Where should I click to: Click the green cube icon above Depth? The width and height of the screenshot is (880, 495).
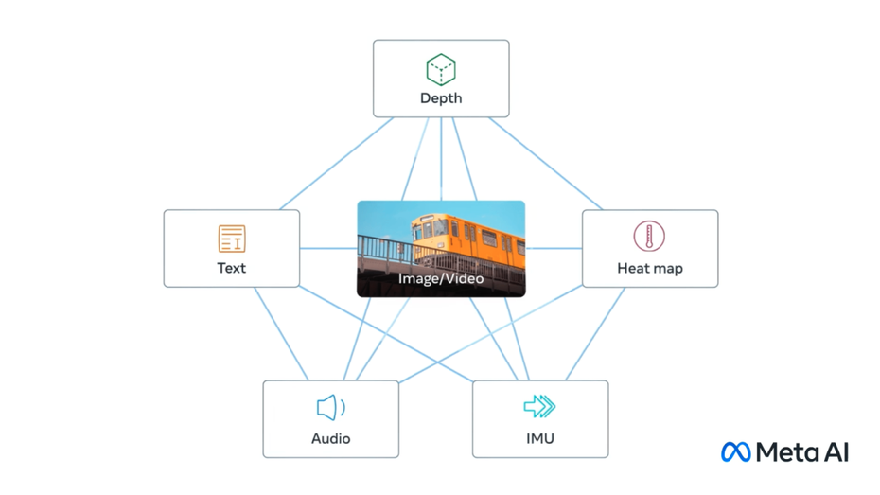pos(441,69)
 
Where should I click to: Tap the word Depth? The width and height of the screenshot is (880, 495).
pos(441,98)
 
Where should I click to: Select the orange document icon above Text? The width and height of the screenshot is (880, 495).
pos(232,239)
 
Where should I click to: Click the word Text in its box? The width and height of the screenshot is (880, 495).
pos(232,268)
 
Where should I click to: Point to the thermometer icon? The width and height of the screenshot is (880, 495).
pos(649,237)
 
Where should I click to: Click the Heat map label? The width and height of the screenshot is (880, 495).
pos(649,268)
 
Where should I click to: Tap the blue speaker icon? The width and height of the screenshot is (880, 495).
pos(330,408)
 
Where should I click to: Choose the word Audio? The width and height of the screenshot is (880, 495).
pos(330,438)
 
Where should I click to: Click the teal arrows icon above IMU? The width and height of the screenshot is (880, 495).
pos(539,407)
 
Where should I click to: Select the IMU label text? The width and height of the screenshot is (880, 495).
pos(539,438)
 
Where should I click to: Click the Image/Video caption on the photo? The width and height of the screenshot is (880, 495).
pos(441,278)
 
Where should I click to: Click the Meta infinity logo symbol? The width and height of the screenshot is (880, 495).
pos(735,451)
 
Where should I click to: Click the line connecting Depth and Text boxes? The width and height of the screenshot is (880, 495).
pos(336,164)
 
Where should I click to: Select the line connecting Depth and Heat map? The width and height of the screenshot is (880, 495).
pos(545,163)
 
